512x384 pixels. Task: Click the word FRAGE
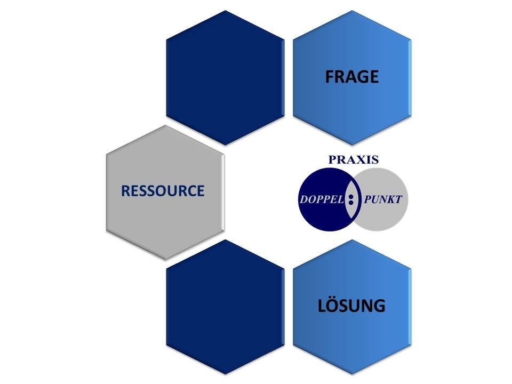[352, 77]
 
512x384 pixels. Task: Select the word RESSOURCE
[163, 191]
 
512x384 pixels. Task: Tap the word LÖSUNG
[351, 306]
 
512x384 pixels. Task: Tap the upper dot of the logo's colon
[351, 197]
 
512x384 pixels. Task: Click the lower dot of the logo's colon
[351, 203]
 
